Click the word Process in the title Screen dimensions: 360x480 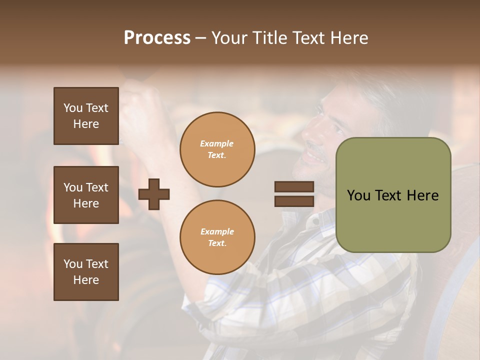click(157, 38)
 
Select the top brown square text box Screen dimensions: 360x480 click(86, 116)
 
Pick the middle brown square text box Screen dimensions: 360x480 click(86, 195)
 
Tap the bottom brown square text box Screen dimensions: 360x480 click(86, 272)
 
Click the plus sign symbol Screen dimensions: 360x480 click(154, 193)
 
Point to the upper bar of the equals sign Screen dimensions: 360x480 click(294, 187)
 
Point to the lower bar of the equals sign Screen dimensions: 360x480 click(294, 201)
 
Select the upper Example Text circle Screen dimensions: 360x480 click(217, 149)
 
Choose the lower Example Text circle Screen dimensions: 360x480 click(217, 237)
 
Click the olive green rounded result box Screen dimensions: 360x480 click(393, 195)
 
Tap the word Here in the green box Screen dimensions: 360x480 click(422, 195)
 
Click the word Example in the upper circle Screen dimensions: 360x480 click(217, 143)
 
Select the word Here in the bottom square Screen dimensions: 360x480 click(86, 280)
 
